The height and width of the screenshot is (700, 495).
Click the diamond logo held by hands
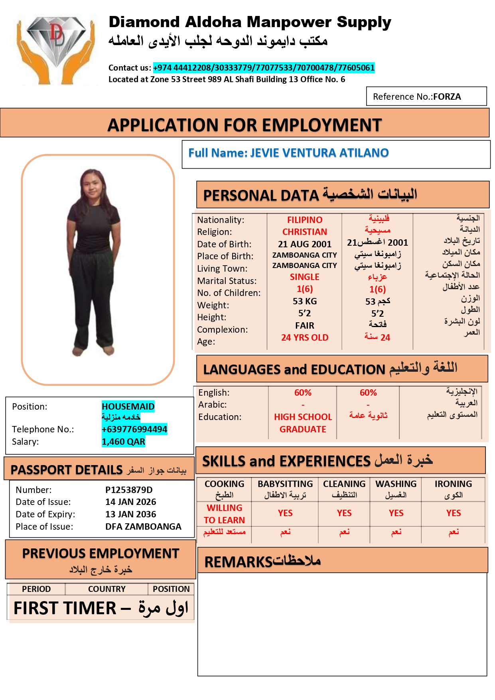coord(55,48)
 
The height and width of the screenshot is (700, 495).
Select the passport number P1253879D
coord(129,490)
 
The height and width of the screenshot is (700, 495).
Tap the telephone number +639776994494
coord(134,429)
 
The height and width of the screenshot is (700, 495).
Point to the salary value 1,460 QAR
coord(123,442)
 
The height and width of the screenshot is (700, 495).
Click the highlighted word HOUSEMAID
coord(128,406)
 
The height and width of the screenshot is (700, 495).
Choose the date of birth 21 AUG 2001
coord(305,244)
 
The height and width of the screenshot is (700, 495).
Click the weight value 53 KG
coord(305,301)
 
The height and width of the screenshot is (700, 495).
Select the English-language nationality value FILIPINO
coord(305,220)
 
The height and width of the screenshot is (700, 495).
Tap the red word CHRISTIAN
coord(305,232)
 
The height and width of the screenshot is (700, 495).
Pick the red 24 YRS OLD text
coord(305,337)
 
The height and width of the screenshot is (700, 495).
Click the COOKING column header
coord(224,484)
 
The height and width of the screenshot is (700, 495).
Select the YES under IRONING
coord(454,513)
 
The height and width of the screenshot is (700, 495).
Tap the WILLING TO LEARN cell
coord(224,514)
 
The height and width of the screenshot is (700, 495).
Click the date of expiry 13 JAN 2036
coord(130,514)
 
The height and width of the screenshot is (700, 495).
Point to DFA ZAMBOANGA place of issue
coord(143,526)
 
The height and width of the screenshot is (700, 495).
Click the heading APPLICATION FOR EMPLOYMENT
coord(245,125)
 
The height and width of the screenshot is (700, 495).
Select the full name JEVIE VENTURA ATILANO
coord(319,153)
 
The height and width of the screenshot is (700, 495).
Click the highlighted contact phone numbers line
coord(264,68)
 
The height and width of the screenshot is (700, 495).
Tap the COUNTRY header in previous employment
coord(106,589)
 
